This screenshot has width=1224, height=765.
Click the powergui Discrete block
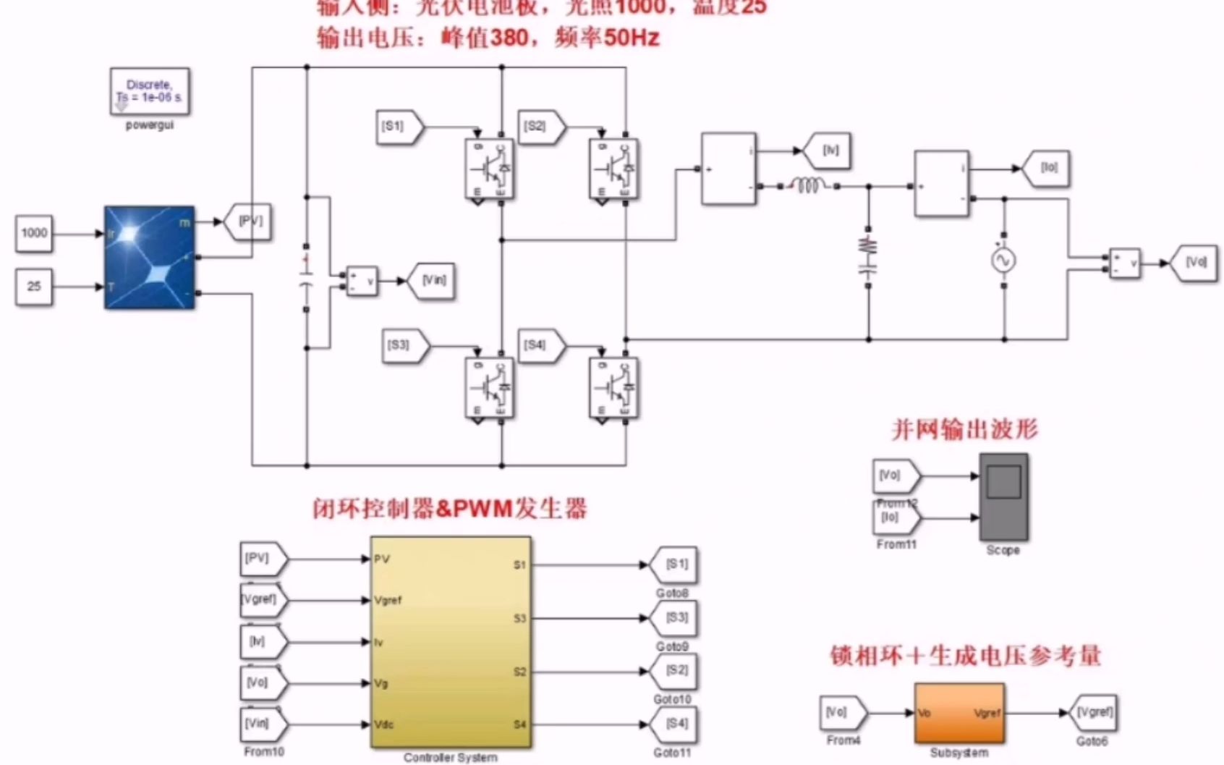coord(150,91)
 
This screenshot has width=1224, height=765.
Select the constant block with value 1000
coord(34,233)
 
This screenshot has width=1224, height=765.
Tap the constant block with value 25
coord(34,287)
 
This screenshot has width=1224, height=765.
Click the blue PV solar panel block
coord(150,258)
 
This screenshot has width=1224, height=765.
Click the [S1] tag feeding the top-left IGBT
coord(396,127)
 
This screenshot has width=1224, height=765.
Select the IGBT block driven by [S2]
coord(613,169)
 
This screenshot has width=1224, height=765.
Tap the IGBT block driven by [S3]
coord(490,389)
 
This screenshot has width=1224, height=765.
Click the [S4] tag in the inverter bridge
coord(537,345)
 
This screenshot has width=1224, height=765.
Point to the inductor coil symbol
coord(808,186)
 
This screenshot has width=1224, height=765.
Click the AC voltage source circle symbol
coord(1003,261)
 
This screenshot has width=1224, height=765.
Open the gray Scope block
coord(1003,496)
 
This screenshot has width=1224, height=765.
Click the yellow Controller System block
coord(451,642)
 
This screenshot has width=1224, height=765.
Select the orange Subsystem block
coord(959,714)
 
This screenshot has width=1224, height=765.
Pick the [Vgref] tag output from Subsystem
coord(1092,713)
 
